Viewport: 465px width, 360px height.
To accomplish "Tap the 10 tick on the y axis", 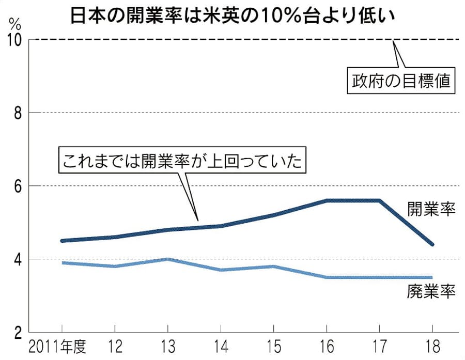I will pos(15,39).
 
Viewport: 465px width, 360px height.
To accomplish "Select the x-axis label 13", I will pos(167,345).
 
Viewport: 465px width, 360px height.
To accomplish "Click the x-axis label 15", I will pos(273,345).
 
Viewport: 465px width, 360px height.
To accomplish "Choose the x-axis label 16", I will pos(327,345).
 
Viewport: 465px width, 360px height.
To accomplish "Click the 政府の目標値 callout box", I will pos(401,81).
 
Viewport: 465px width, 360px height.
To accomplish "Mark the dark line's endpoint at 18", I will pos(432,244).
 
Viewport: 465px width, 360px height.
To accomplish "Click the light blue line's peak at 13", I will pos(167,259).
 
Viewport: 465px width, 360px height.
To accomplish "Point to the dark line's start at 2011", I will pos(61,241).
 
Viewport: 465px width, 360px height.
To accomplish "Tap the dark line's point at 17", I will pos(379,200).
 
